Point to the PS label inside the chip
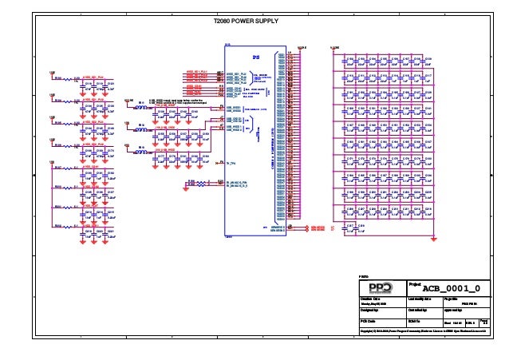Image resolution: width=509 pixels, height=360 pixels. pyautogui.click(x=256, y=57)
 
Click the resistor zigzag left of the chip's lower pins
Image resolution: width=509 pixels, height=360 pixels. pyautogui.click(x=212, y=185)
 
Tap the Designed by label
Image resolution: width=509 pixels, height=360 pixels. pyautogui.click(x=369, y=309)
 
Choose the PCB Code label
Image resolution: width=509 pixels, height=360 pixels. pyautogui.click(x=368, y=320)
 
